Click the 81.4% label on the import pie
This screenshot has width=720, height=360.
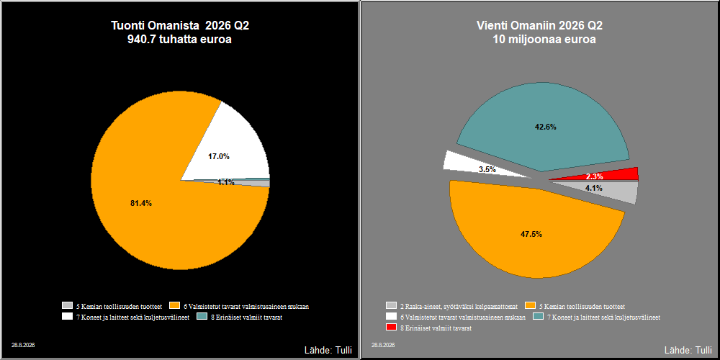pyautogui.click(x=141, y=204)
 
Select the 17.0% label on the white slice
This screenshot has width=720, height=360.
pyautogui.click(x=219, y=156)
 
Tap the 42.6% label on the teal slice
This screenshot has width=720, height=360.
pyautogui.click(x=546, y=127)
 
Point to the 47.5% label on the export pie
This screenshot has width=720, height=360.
pyautogui.click(x=531, y=234)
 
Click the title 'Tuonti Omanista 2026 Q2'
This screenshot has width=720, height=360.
pyautogui.click(x=180, y=26)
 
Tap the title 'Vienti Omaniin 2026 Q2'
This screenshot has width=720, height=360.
pyautogui.click(x=539, y=26)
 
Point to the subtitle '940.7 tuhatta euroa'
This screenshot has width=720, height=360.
pyautogui.click(x=179, y=40)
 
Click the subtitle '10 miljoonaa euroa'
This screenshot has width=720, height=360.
pyautogui.click(x=544, y=40)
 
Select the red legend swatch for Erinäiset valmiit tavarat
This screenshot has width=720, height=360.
pyautogui.click(x=391, y=328)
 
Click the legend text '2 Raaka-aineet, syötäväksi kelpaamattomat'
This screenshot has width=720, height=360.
pyautogui.click(x=459, y=306)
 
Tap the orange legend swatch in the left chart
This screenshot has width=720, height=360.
pyautogui.click(x=174, y=305)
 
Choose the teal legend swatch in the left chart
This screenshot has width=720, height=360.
pyautogui.click(x=202, y=316)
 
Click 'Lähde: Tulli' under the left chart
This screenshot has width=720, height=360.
pyautogui.click(x=328, y=351)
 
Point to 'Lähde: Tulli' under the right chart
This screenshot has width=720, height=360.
pyautogui.click(x=688, y=351)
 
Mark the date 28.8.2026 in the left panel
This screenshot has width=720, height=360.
pyautogui.click(x=24, y=344)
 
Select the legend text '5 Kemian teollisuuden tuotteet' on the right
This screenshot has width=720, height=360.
pyautogui.click(x=582, y=306)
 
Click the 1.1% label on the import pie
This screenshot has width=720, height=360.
pyautogui.click(x=226, y=182)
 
